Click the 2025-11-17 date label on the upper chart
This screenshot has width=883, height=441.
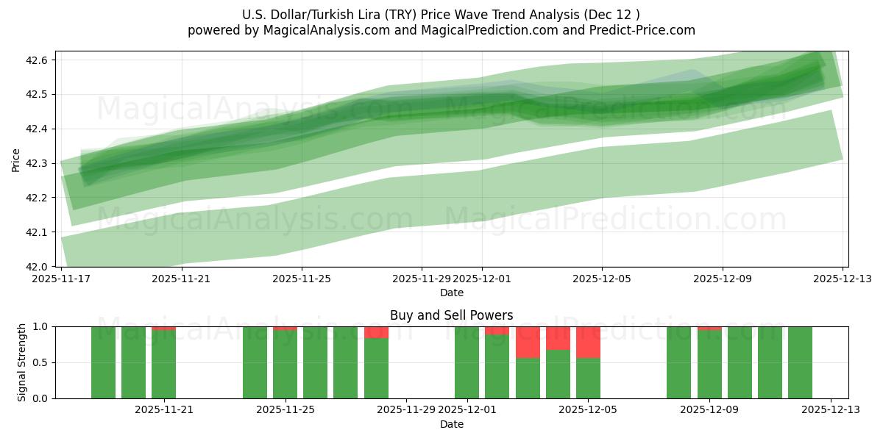pyautogui.click(x=61, y=279)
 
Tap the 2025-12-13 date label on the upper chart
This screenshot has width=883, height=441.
pyautogui.click(x=843, y=279)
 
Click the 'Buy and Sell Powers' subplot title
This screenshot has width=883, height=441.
pyautogui.click(x=451, y=315)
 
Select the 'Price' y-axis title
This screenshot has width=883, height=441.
pyautogui.click(x=16, y=159)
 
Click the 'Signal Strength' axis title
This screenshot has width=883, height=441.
pyautogui.click(x=22, y=362)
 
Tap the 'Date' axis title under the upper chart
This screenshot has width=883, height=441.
pyautogui.click(x=451, y=293)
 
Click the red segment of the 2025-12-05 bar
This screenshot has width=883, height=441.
pyautogui.click(x=588, y=342)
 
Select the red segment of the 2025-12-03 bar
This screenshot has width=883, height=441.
pyautogui.click(x=528, y=342)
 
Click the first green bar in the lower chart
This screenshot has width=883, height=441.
pyautogui.click(x=103, y=362)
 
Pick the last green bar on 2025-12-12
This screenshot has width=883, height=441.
pyautogui.click(x=800, y=362)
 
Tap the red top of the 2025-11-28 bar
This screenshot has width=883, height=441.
pyautogui.click(x=376, y=332)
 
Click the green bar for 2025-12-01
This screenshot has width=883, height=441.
pyautogui.click(x=467, y=362)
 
